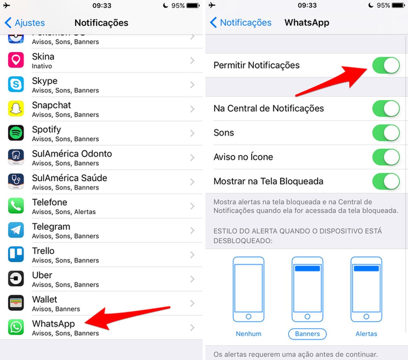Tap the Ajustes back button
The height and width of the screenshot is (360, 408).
(x=25, y=23)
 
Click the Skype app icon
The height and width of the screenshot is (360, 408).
(x=16, y=85)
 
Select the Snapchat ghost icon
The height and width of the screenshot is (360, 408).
(x=16, y=109)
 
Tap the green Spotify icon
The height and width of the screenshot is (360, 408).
(x=16, y=133)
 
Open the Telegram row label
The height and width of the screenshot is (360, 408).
(x=51, y=227)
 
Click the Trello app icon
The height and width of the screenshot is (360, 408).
(x=16, y=254)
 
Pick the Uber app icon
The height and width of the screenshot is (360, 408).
(x=16, y=279)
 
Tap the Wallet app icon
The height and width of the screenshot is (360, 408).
(x=16, y=303)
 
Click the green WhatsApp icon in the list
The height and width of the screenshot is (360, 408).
(x=16, y=327)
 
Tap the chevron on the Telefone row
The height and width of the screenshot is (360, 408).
(x=192, y=206)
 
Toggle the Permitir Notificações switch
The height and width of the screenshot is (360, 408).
(x=386, y=65)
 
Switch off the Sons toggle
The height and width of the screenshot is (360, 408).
(x=386, y=133)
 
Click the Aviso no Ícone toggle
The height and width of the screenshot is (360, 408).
(x=386, y=157)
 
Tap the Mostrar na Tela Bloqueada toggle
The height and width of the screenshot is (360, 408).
(x=386, y=181)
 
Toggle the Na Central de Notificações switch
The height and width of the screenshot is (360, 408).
(x=386, y=109)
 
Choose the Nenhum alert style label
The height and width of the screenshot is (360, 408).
(x=248, y=333)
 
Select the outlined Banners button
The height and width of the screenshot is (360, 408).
(x=307, y=333)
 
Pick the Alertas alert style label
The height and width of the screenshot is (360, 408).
(x=366, y=333)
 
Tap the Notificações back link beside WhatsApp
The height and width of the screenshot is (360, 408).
(x=241, y=23)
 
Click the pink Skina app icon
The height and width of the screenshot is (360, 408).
(x=16, y=60)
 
